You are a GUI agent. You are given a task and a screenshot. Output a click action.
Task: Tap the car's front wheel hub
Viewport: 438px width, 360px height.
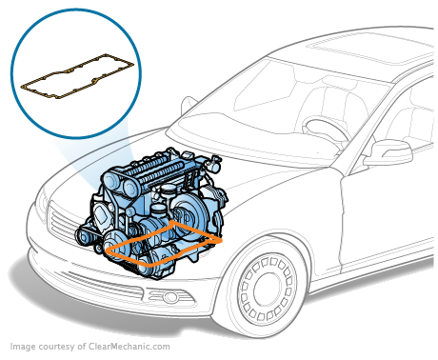[x=268, y=289]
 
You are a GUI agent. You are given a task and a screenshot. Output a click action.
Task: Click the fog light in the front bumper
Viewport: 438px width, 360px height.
[x=170, y=297]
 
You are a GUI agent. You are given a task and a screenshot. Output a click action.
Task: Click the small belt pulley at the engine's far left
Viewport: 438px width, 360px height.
[x=84, y=236]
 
